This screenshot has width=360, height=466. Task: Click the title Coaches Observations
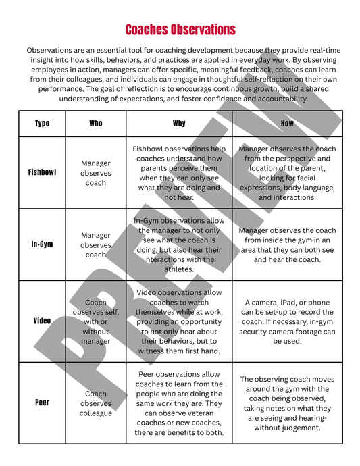[x=180, y=30]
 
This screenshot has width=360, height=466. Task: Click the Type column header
[x=42, y=124]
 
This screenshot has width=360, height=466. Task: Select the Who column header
[x=96, y=124]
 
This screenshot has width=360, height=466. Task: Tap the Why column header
[x=179, y=124]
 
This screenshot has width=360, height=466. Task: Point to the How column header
[x=287, y=124]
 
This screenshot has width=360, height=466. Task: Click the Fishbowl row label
[x=42, y=172]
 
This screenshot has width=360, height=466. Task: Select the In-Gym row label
[x=42, y=244]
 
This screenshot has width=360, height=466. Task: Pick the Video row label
[x=42, y=321]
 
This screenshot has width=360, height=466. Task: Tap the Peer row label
[x=42, y=403]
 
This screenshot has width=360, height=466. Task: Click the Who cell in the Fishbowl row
[x=96, y=173]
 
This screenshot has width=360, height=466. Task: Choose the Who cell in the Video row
[x=96, y=322]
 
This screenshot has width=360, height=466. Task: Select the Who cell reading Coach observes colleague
[x=96, y=403]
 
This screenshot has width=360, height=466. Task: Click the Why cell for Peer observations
[x=179, y=403]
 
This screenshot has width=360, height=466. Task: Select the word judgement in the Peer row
[x=305, y=428]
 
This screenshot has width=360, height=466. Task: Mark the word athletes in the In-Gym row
[x=179, y=269]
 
